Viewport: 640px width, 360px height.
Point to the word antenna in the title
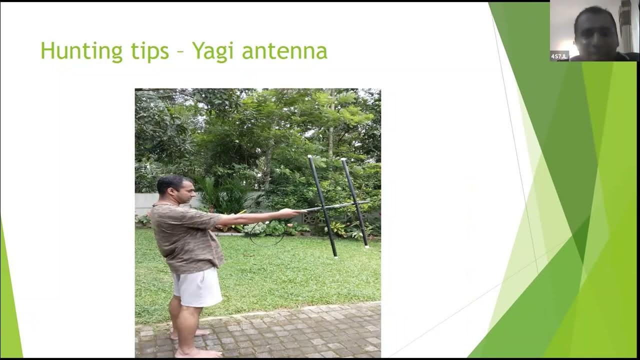click(284, 51)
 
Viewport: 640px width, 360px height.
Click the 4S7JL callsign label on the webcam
click(559, 56)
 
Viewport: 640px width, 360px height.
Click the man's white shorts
click(197, 287)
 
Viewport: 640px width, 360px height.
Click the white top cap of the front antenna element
click(310, 157)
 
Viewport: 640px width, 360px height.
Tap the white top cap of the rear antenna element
click(343, 160)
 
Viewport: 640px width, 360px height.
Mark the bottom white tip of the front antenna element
click(335, 256)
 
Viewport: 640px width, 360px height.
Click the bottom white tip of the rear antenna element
click(366, 246)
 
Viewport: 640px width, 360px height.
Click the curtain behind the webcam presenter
click(625, 25)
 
